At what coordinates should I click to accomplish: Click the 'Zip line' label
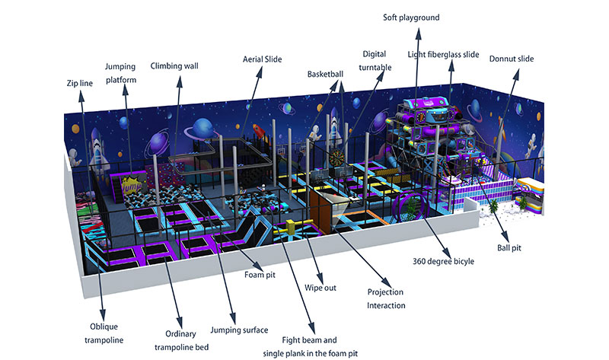tap(80, 83)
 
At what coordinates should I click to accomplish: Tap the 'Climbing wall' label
tap(174, 66)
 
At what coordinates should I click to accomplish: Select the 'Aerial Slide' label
tap(262, 59)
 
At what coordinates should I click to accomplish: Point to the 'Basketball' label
tap(326, 74)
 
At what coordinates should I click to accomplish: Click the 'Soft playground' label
tap(411, 18)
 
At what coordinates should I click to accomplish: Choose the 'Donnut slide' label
tap(512, 59)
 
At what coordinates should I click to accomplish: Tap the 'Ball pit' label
tap(509, 248)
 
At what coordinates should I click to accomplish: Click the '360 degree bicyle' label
tap(443, 261)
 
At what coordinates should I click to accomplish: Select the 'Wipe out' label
tap(320, 288)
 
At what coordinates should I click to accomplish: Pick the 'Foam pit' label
tap(260, 275)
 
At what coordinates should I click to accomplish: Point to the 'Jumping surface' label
tap(239, 330)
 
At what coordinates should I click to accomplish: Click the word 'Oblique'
tap(104, 327)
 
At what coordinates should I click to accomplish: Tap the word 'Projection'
tap(385, 292)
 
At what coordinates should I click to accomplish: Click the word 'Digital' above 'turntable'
tap(375, 54)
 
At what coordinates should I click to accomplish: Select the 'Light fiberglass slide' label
tap(443, 54)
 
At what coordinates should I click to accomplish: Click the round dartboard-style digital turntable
tap(336, 157)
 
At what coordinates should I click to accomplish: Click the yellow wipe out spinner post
tap(291, 227)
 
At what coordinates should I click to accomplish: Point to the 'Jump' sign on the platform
tap(130, 186)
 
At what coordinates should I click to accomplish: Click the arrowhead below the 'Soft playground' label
tap(418, 33)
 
